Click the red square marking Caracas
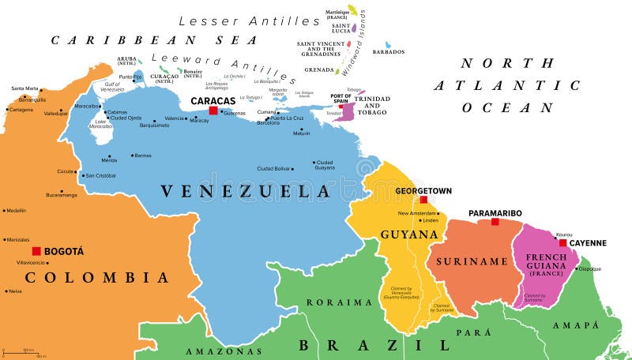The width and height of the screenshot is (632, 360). click(213, 111)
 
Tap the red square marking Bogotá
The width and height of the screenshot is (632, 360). click(36, 251)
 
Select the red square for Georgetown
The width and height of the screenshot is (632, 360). click(423, 200)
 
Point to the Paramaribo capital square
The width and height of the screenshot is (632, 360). click(495, 222)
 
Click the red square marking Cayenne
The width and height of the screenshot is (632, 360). click(562, 242)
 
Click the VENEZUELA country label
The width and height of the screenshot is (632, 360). click(245, 191)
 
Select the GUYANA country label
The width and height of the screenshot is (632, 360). click(410, 234)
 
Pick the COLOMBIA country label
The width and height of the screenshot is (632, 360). click(97, 277)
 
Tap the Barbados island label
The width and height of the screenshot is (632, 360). click(389, 52)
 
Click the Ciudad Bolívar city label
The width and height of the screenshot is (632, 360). click(274, 168)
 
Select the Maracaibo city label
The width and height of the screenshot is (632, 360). click(87, 106)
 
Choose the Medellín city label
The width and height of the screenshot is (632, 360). click(16, 211)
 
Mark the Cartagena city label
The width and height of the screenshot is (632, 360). click(21, 110)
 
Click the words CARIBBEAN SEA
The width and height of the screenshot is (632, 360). click(155, 39)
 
